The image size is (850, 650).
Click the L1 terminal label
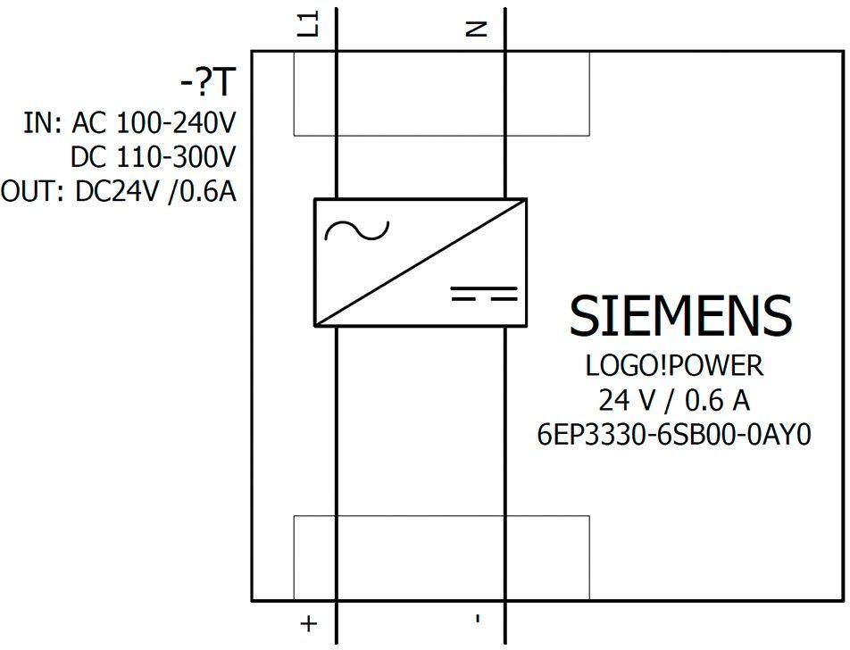pyautogui.click(x=309, y=26)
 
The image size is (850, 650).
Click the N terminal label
pyautogui.click(x=477, y=29)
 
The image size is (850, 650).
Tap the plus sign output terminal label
pyautogui.click(x=308, y=623)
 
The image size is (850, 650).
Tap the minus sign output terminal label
pyautogui.click(x=478, y=618)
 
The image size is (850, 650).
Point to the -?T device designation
pyautogui.click(x=208, y=84)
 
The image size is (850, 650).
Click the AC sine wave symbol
pyautogui.click(x=357, y=229)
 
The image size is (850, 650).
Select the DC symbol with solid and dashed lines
pyautogui.click(x=484, y=293)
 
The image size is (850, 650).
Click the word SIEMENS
pyautogui.click(x=680, y=316)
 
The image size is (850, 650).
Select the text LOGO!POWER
pyautogui.click(x=674, y=366)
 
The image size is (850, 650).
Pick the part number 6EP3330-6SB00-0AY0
pyautogui.click(x=674, y=435)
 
